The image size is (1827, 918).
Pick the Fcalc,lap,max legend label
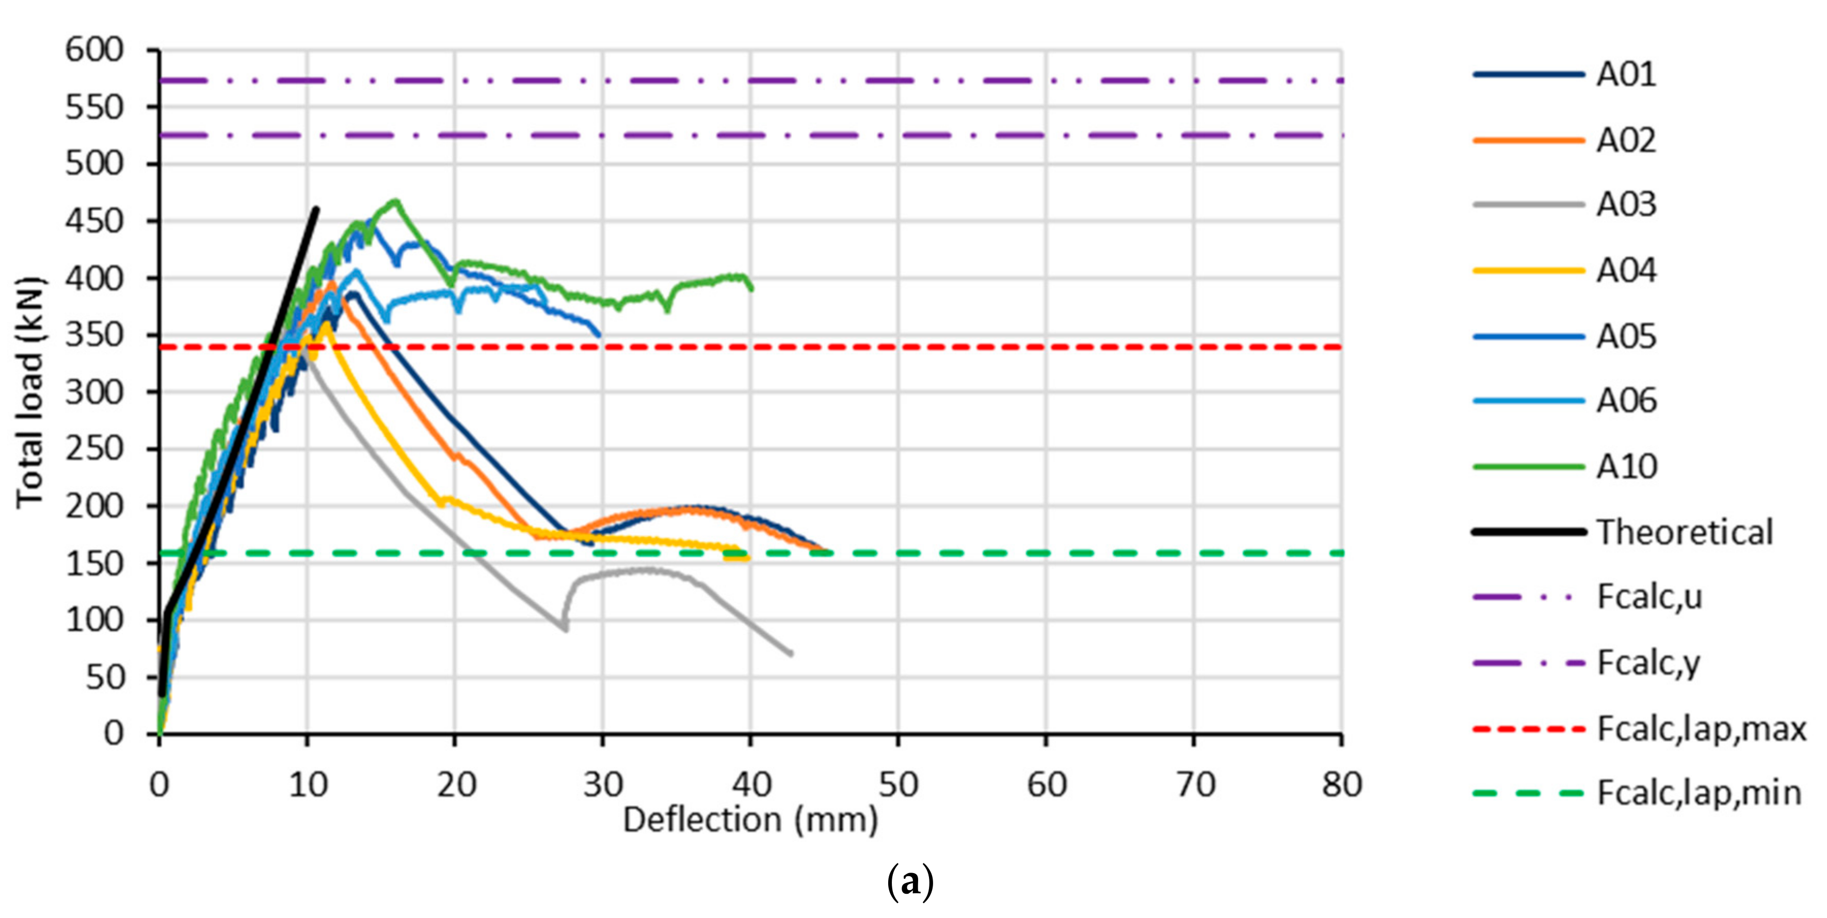(1701, 729)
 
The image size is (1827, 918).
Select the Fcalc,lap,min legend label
(1698, 793)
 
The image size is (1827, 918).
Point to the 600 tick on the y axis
(94, 51)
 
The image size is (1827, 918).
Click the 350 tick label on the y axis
(94, 335)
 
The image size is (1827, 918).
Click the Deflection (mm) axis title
(750, 820)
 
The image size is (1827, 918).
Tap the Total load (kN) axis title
(30, 392)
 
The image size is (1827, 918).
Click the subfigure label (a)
(910, 882)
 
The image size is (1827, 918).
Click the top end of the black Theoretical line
(316, 209)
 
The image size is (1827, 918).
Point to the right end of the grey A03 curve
(791, 653)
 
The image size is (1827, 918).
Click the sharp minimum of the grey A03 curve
(565, 629)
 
